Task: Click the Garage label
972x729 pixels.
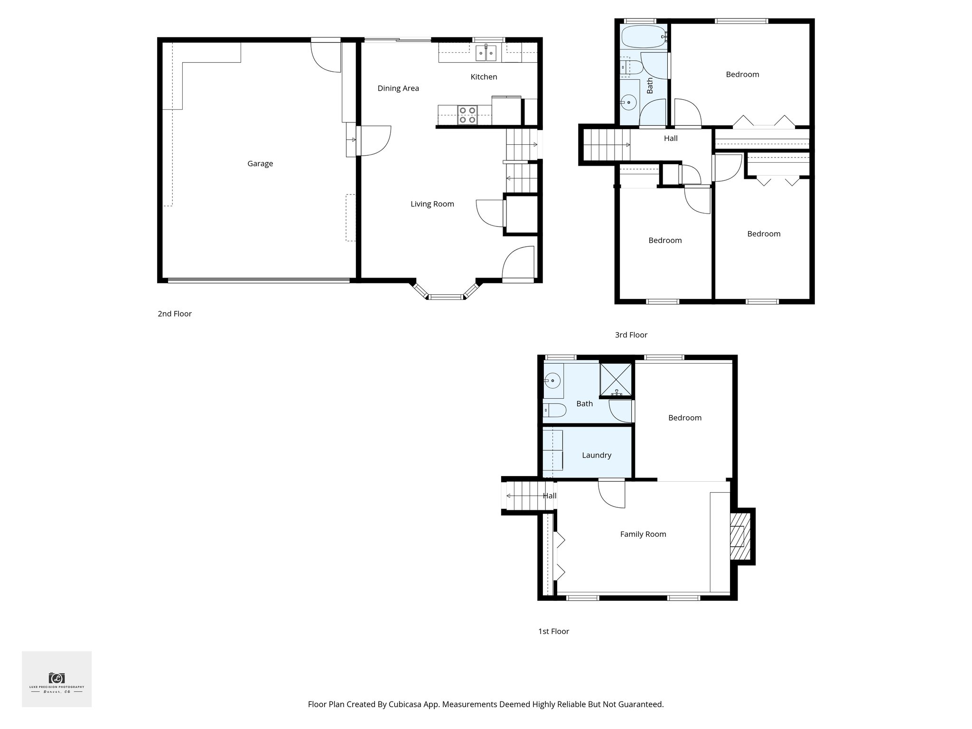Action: pos(260,164)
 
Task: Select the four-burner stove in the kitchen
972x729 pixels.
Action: pos(467,115)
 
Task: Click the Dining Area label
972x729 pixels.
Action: pos(398,88)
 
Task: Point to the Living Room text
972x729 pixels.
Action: pos(432,204)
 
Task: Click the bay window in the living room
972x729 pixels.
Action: pos(446,297)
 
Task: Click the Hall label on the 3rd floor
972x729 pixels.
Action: pos(671,139)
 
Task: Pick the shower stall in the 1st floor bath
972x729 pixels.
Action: pos(616,380)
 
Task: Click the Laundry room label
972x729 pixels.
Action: pos(596,455)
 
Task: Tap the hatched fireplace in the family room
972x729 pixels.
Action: pos(739,536)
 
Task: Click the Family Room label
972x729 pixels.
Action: pos(643,534)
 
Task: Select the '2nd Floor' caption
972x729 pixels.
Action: pos(175,314)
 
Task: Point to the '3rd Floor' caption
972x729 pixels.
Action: pos(631,335)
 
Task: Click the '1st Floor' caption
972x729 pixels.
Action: pos(553,631)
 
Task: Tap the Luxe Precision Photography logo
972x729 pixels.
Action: pos(56,679)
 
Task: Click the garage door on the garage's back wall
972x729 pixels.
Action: pos(259,280)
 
